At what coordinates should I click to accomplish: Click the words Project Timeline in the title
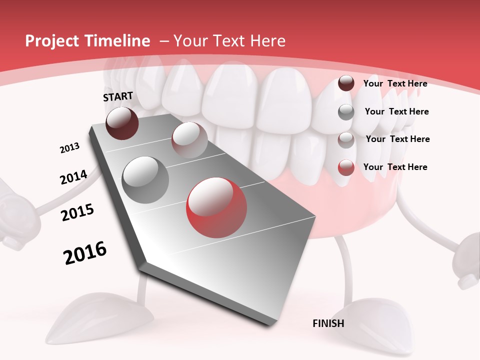click(87, 41)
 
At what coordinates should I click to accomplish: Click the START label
click(118, 96)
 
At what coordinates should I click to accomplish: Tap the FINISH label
click(328, 323)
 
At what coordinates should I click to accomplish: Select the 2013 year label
click(69, 148)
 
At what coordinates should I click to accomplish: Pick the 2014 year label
click(73, 177)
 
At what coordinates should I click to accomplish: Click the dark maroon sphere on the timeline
click(122, 123)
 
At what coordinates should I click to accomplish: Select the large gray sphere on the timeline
click(145, 179)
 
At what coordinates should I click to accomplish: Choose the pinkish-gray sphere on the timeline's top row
click(189, 140)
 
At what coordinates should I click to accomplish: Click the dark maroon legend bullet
click(346, 83)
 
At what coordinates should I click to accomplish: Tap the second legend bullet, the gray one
click(346, 112)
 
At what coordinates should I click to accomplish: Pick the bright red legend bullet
click(346, 167)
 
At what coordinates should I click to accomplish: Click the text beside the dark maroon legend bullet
click(395, 83)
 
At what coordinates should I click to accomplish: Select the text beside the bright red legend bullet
click(395, 167)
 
